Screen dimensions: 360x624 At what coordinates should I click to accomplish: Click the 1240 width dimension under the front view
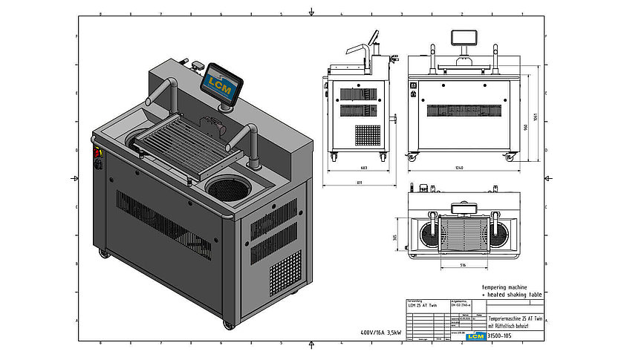(459, 168)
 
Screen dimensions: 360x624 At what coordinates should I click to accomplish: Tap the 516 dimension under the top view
(462, 264)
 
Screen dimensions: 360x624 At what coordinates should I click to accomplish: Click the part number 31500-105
(500, 336)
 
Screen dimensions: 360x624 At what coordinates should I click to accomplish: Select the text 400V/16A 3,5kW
(380, 333)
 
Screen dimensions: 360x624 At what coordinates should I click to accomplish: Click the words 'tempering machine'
(507, 286)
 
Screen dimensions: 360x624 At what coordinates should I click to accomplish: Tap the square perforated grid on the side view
(367, 136)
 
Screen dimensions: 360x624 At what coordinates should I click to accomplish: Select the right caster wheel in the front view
(510, 156)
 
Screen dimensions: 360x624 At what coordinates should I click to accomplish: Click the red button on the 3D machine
(97, 153)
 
